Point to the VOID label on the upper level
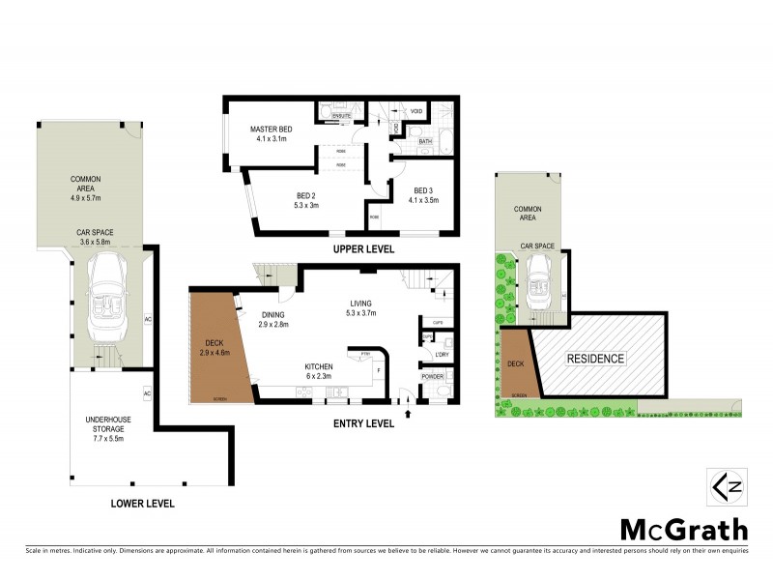click(x=416, y=112)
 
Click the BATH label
click(x=425, y=142)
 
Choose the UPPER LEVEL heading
click(x=363, y=249)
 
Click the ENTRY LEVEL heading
click(x=364, y=423)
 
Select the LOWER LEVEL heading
click(x=142, y=504)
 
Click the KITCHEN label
click(x=321, y=366)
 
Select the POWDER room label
click(x=432, y=375)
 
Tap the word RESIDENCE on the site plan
click(x=596, y=359)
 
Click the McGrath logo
click(x=682, y=530)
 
